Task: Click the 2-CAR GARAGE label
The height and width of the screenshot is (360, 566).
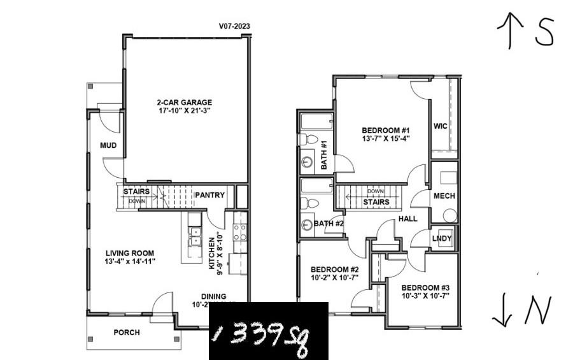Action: (x=185, y=102)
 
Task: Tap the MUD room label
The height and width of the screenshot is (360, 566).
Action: (x=108, y=146)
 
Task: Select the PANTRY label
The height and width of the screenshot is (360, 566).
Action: (x=209, y=195)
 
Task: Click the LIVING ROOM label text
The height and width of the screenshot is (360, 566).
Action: (x=130, y=253)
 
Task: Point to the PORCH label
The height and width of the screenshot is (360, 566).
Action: (x=127, y=333)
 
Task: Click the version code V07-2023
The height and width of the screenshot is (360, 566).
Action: (x=234, y=27)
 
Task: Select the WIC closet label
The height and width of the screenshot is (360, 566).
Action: (x=440, y=126)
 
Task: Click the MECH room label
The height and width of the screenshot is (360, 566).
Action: (x=444, y=196)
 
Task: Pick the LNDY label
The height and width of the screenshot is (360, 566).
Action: (x=442, y=239)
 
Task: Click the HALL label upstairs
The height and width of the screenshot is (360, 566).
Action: (x=408, y=219)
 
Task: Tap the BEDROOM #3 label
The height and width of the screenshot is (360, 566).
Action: (x=425, y=287)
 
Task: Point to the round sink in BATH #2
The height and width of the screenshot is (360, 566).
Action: (x=308, y=225)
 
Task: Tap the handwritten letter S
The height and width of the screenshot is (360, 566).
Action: (x=545, y=32)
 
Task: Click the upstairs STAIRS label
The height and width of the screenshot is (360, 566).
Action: (x=376, y=203)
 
